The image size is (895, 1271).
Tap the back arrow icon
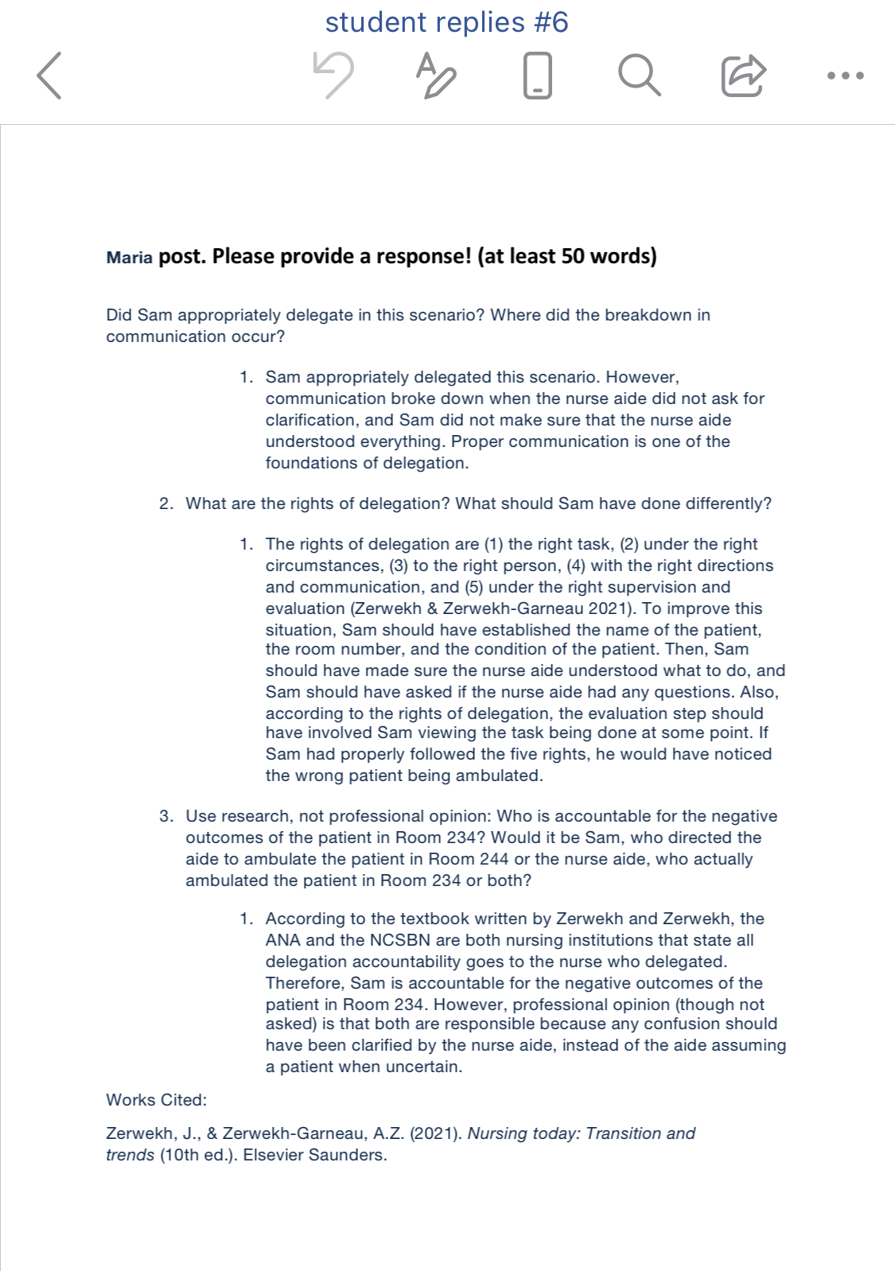(x=49, y=76)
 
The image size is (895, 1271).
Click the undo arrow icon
(x=333, y=75)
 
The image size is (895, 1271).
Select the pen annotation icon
(x=435, y=75)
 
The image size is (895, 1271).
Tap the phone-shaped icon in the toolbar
(x=538, y=75)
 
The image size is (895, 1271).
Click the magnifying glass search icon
(x=639, y=75)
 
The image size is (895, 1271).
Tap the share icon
(x=743, y=75)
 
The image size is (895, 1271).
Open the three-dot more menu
(x=845, y=76)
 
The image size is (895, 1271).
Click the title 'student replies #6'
(x=446, y=22)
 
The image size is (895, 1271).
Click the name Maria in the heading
(x=129, y=258)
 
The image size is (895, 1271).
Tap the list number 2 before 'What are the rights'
(x=165, y=503)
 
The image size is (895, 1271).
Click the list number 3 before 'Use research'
(x=165, y=816)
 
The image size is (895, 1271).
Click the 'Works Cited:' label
(x=156, y=1100)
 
